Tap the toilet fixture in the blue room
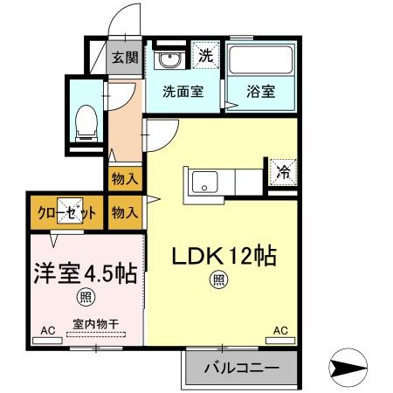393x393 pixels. pos(86,123)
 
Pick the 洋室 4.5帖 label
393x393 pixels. pos(86,272)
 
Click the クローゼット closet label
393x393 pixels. pos(65,211)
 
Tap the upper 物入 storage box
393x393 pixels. pos(124,179)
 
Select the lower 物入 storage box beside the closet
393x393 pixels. pos(124,211)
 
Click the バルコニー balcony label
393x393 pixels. pos(242,369)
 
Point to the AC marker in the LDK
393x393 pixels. pos(280,331)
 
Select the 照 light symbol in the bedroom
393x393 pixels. pos(86,298)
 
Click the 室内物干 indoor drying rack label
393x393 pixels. pos(90,323)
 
